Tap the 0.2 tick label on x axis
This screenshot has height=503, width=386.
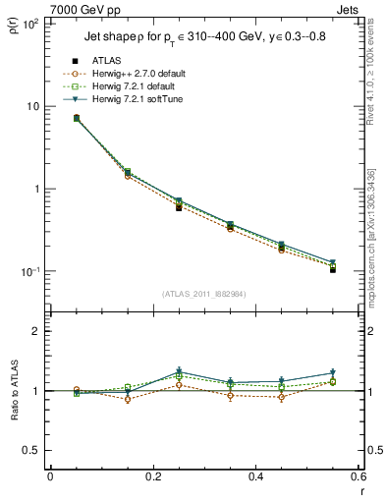[152, 477]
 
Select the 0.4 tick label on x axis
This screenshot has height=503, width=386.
[255, 477]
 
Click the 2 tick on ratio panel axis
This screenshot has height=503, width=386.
[35, 332]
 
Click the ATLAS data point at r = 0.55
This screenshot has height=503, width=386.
[333, 269]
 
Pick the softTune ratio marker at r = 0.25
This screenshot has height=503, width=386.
[179, 371]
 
